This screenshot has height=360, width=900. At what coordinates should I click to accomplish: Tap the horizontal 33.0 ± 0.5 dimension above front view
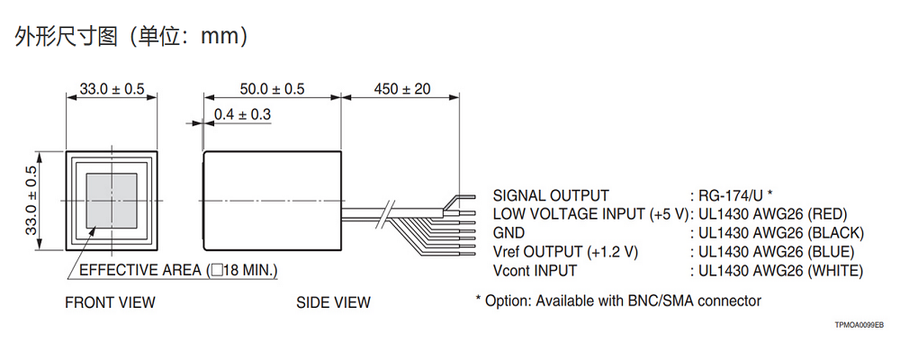point(112,88)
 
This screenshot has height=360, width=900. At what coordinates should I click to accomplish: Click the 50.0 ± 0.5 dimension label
point(272,88)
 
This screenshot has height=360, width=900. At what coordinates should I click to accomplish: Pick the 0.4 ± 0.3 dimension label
point(242,114)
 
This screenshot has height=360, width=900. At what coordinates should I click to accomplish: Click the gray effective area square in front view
point(112,200)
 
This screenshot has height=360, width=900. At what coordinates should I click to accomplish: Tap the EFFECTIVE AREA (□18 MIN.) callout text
point(178,270)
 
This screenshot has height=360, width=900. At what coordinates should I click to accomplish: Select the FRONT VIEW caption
point(110,302)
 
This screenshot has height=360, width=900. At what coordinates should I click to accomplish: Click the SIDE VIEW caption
point(333,302)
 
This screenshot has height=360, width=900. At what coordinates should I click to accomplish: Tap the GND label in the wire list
point(508,233)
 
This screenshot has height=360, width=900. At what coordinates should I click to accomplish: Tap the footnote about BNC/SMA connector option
point(618,301)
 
